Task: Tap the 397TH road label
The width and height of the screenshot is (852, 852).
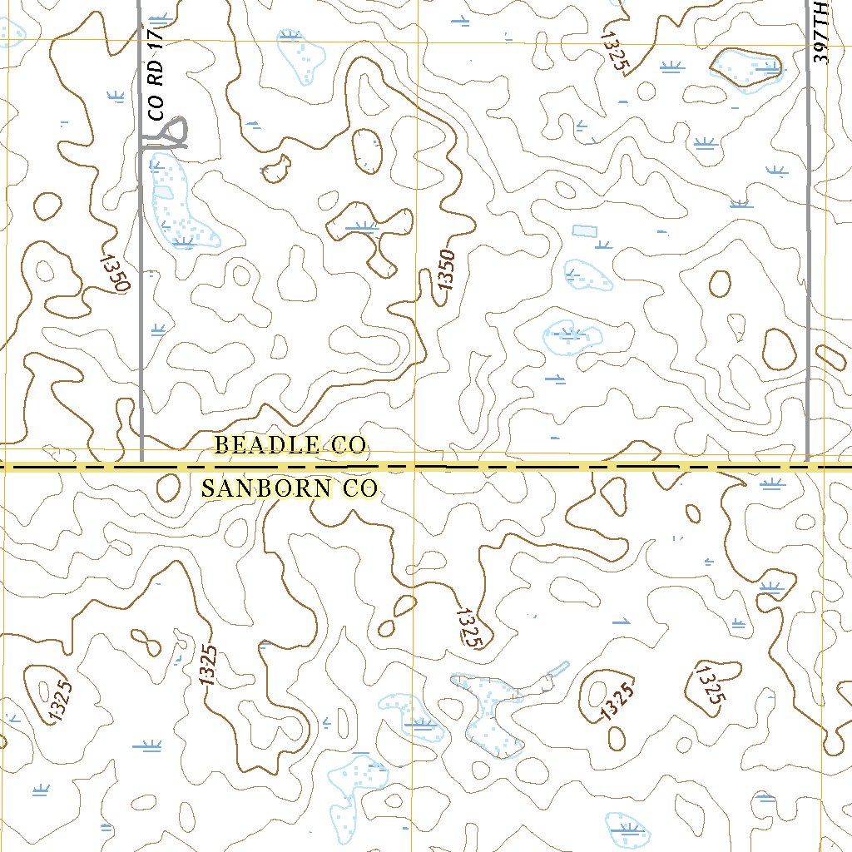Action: point(822,32)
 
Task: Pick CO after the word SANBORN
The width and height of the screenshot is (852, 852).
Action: point(359,488)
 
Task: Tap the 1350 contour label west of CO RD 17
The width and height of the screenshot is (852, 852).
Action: point(115,272)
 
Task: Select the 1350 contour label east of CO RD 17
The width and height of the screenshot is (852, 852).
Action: point(447,270)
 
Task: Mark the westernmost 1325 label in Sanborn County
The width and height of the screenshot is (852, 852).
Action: point(61,701)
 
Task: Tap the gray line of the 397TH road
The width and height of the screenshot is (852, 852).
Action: point(808,250)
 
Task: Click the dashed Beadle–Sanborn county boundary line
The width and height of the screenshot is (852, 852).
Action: point(499,468)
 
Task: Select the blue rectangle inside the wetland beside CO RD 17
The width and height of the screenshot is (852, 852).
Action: point(164,192)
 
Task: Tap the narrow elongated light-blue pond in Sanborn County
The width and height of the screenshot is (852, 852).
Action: point(556,671)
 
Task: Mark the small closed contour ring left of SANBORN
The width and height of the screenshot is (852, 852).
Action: point(167,487)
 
